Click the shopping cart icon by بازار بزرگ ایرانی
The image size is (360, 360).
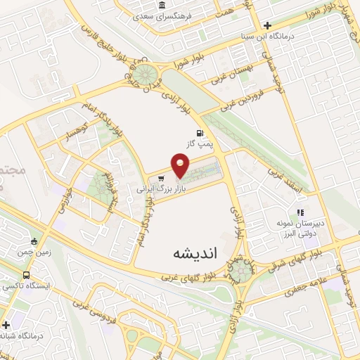click(x=162, y=178)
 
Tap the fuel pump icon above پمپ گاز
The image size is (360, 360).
click(x=200, y=132)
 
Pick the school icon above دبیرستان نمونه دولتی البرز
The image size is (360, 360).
click(x=300, y=212)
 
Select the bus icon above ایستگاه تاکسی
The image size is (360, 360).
click(x=26, y=275)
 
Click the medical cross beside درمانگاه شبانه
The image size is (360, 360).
click(x=6, y=325)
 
